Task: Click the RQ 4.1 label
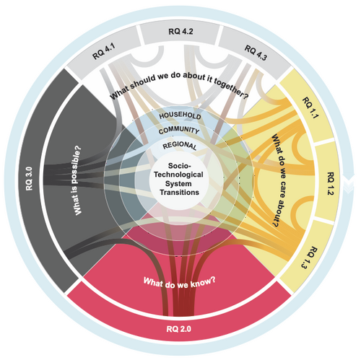(x=104, y=51)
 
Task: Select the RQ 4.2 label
(x=180, y=32)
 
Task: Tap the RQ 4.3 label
(x=256, y=53)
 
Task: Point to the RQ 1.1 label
(x=310, y=107)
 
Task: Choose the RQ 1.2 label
(x=331, y=183)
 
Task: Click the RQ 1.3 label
(x=310, y=257)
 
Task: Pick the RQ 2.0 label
(x=179, y=329)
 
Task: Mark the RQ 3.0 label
(x=29, y=179)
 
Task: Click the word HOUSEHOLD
(x=180, y=115)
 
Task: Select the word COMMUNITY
(x=179, y=131)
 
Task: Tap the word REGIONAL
(x=180, y=145)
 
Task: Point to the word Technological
(x=178, y=175)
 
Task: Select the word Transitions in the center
(x=180, y=193)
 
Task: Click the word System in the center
(x=178, y=183)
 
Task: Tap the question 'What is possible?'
(x=77, y=180)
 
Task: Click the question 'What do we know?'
(x=179, y=282)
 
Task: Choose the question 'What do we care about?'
(x=279, y=181)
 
